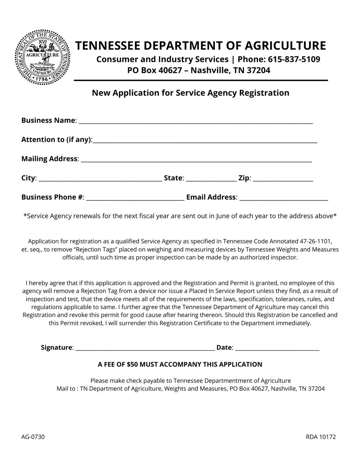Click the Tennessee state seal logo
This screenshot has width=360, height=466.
[x=43, y=57]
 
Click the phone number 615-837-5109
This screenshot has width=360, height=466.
[x=294, y=59]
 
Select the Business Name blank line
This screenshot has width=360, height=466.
[x=196, y=121]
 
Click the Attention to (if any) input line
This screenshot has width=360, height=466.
[x=205, y=141]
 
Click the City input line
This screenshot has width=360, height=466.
[x=100, y=179]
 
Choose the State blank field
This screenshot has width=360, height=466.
[x=211, y=179]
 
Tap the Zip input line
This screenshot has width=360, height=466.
[x=283, y=179]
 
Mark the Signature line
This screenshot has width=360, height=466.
[x=145, y=349]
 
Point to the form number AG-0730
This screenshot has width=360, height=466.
[x=33, y=437]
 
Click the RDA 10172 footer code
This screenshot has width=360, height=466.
[x=321, y=437]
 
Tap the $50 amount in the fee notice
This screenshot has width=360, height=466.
[x=132, y=364]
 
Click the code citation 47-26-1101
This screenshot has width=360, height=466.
[x=315, y=241]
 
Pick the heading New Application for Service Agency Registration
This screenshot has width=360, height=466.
[x=190, y=93]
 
